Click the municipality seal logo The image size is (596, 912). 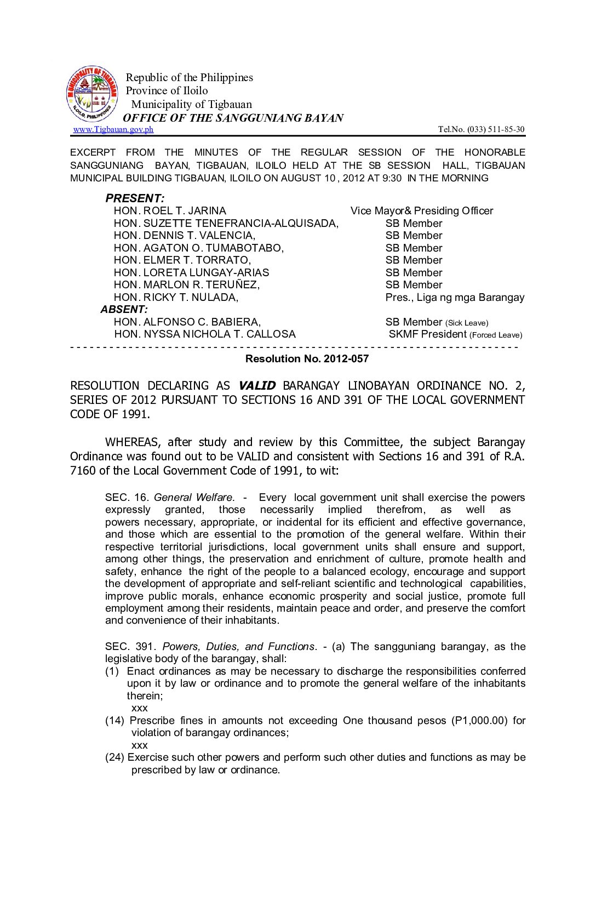[x=91, y=94]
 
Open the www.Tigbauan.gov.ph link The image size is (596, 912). [x=113, y=129]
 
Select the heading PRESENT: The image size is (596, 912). [x=135, y=198]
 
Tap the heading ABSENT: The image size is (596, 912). [x=124, y=310]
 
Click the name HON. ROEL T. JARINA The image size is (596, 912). [x=170, y=211]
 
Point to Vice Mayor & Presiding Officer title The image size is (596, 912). [x=422, y=211]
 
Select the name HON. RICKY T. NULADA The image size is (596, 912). [x=176, y=298]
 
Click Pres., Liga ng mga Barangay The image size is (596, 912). [x=455, y=298]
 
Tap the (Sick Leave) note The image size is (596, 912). [x=467, y=323]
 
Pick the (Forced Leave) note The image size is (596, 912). [x=496, y=335]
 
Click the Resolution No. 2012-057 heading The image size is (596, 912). [x=307, y=359]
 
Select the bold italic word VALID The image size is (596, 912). [x=257, y=386]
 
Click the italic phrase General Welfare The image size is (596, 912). [x=194, y=498]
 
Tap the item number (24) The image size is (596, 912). [x=114, y=757]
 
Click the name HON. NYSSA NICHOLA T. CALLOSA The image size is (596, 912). [x=205, y=334]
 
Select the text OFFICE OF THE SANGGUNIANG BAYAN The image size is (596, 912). [x=233, y=118]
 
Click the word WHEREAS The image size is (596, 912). [x=133, y=442]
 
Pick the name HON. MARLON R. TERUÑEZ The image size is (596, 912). [x=187, y=285]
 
